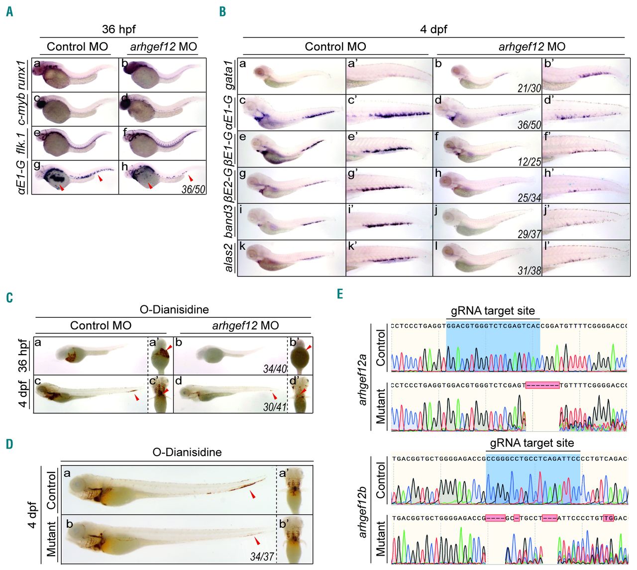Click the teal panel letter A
click(x=9, y=12)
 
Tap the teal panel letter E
click(x=339, y=294)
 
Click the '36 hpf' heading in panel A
click(x=118, y=29)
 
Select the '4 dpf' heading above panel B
click(x=433, y=29)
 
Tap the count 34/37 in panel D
click(x=262, y=556)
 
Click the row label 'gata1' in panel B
click(x=230, y=76)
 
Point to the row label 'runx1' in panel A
click(x=21, y=67)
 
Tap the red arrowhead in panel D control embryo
click(x=253, y=494)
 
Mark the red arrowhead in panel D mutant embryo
click(x=257, y=541)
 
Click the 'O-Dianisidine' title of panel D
click(x=187, y=452)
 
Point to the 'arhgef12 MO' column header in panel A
click(x=163, y=47)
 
